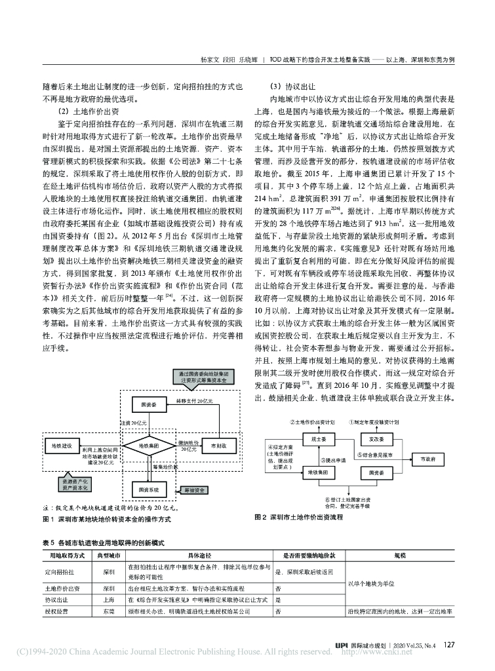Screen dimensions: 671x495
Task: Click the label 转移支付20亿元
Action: pyautogui.click(x=190, y=400)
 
